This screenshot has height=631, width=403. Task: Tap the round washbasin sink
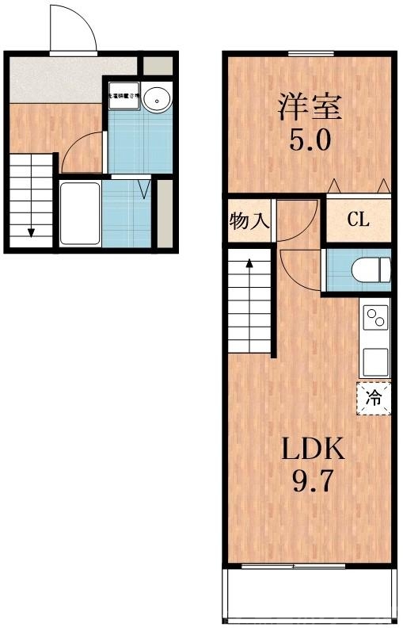point(156,99)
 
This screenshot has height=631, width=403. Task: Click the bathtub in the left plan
point(80,213)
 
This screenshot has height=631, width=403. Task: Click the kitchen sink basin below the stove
point(375,358)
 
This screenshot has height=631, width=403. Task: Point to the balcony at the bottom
point(309,595)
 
